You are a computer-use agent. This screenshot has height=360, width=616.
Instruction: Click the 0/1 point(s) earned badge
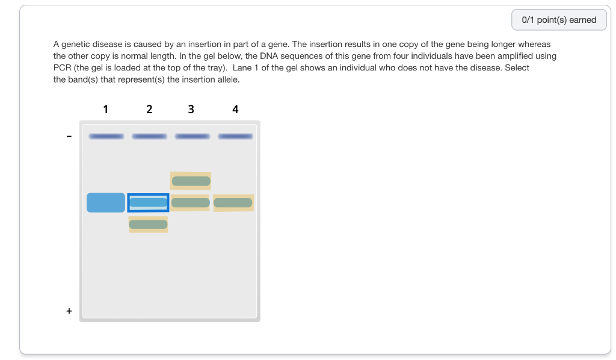559,20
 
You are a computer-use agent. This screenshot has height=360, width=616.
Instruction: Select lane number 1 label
106,109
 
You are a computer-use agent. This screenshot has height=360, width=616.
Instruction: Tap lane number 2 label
149,109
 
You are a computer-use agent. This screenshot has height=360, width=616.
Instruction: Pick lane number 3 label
191,109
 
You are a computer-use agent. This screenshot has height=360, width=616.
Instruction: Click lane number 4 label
235,109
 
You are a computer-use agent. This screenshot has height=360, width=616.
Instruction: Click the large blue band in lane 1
106,202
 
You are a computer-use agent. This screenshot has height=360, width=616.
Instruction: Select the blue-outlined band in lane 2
148,203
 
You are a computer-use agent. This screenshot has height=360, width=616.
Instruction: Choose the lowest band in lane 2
148,225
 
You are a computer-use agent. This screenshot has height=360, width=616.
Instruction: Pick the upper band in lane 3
191,181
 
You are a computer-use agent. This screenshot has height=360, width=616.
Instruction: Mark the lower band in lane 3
191,203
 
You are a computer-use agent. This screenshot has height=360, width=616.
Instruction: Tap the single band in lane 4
233,203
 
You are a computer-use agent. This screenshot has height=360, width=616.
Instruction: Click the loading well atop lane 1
106,136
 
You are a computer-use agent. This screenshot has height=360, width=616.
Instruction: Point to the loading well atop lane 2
149,136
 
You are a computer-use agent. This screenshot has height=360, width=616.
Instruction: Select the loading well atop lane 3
192,136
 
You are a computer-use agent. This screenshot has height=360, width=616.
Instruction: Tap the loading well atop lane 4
235,136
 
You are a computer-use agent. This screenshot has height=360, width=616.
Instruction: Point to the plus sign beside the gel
69,311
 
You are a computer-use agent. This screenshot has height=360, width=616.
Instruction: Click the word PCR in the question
62,68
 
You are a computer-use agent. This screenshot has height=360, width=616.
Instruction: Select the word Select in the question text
517,68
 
